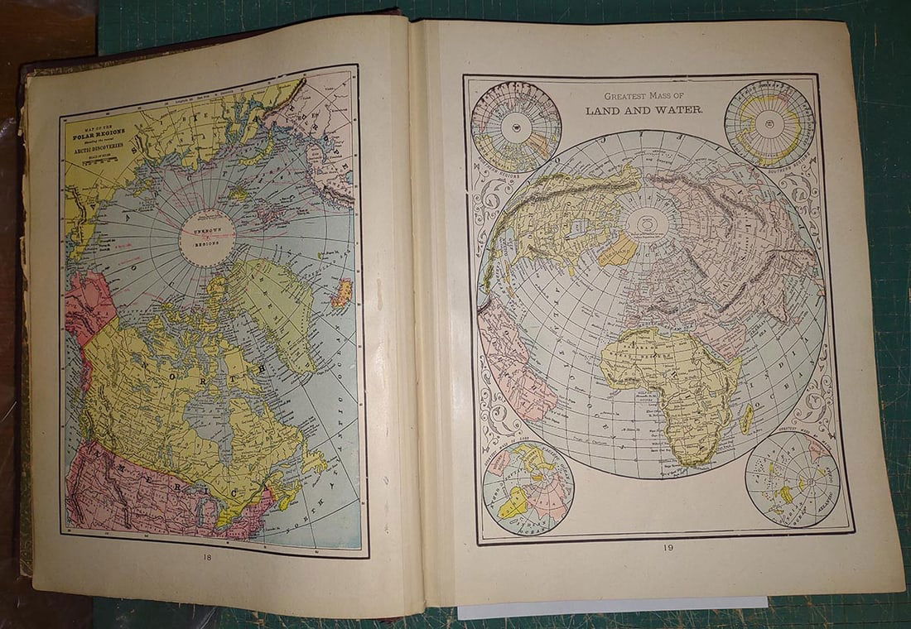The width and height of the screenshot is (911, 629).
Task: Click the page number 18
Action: [x=208, y=558]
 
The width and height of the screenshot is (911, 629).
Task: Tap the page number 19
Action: [x=667, y=548]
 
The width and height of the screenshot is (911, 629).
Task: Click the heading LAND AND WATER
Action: [x=643, y=110]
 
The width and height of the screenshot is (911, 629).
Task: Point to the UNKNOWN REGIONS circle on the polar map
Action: [x=207, y=236]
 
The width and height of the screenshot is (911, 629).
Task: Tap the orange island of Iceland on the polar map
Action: [x=342, y=293]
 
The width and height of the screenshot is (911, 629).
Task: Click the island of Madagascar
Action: [x=748, y=419]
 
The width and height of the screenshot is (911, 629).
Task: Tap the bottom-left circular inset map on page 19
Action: [x=528, y=487]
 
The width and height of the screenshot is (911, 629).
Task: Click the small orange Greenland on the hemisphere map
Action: [x=618, y=249]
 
